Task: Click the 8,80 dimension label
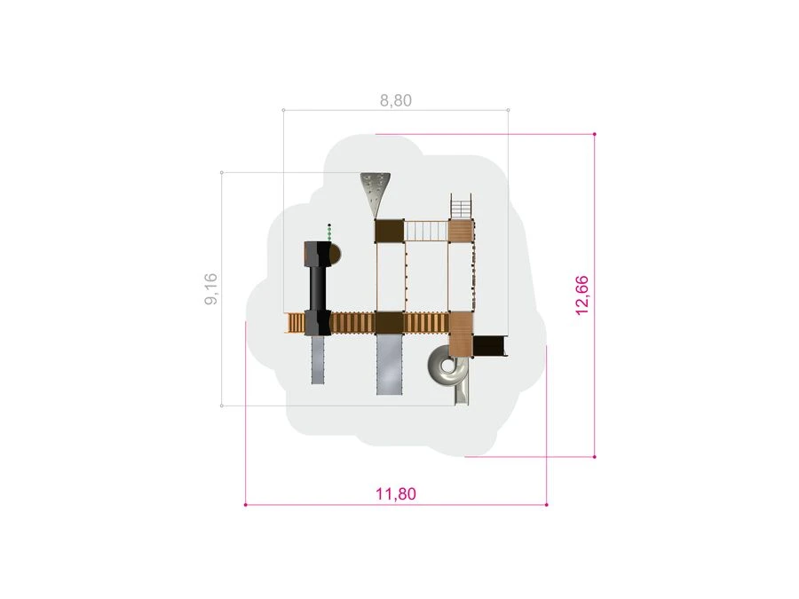(395, 100)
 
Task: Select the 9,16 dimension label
(210, 289)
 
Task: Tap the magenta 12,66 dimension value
(581, 296)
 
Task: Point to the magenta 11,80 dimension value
(396, 493)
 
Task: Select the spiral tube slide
(449, 374)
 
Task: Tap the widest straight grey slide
(390, 364)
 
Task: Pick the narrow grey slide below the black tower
(318, 359)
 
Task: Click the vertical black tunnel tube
(318, 288)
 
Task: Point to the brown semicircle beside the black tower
(335, 254)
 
